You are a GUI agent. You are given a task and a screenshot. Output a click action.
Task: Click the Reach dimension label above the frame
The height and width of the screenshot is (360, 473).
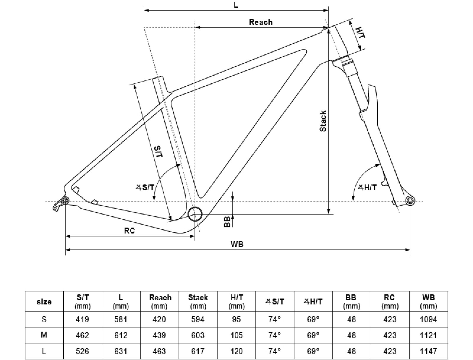260,22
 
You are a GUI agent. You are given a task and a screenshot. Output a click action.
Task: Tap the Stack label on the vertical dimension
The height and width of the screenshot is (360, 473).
323,121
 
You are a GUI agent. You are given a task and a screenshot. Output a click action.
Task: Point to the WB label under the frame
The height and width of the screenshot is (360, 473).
237,244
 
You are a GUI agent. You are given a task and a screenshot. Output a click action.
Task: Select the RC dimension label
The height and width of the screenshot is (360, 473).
129,231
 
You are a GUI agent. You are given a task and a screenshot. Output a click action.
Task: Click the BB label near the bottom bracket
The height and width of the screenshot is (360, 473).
227,221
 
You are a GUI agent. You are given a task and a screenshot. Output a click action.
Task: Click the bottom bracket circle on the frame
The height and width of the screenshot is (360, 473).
195,214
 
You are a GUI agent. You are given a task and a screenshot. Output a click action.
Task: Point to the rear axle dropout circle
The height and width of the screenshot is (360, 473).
65,201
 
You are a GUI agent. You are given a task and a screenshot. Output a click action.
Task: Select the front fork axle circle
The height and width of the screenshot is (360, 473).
410,201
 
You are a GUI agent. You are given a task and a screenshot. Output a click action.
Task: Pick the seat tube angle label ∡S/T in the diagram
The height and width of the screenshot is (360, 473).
145,187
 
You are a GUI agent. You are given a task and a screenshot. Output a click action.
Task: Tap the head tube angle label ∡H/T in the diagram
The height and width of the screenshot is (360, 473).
367,187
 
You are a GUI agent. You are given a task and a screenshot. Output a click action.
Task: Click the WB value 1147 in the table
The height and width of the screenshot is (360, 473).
428,351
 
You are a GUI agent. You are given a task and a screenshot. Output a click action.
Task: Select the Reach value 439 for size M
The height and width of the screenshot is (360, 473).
159,335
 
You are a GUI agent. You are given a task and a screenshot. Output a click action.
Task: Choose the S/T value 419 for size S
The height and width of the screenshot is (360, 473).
82,319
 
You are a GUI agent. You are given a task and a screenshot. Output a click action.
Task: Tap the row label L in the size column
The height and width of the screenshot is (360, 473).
44,351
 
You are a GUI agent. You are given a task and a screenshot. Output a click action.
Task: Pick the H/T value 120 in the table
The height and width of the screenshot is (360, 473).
236,351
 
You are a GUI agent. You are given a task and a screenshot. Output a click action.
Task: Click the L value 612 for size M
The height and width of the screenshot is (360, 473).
121,335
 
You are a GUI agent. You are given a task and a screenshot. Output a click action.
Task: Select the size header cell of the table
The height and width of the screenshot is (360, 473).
44,302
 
